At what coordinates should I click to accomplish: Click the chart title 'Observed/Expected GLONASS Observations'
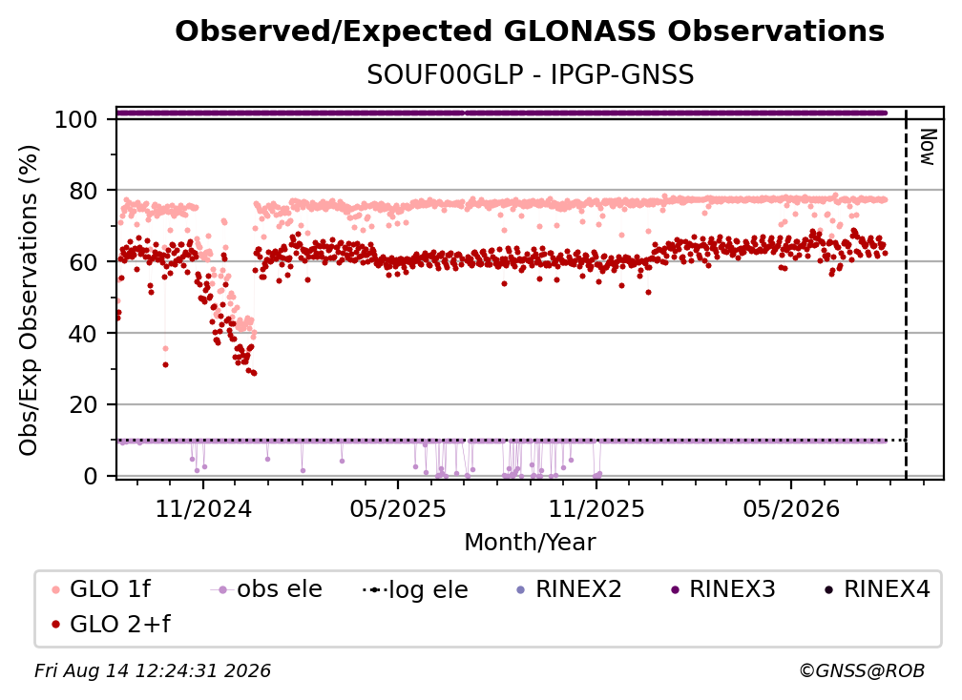pos(530,31)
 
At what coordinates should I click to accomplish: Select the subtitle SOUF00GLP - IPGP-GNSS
pos(530,75)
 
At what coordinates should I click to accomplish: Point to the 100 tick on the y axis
pos(76,119)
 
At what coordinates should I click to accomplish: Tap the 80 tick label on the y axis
pos(83,191)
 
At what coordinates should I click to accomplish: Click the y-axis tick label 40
pos(83,334)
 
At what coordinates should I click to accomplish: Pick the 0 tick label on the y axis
pos(91,476)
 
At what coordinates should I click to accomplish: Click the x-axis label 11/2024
pos(203,508)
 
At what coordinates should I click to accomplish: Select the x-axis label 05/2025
pos(398,508)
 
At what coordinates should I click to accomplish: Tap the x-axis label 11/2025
pos(596,508)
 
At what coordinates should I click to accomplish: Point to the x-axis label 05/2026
pos(791,508)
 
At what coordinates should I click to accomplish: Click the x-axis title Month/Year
pos(530,542)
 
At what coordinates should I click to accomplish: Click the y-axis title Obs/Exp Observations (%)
pos(29,300)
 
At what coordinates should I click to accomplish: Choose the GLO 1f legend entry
pos(102,589)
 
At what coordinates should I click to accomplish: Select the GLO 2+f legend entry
pos(111,624)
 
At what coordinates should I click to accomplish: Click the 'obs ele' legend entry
pos(266,589)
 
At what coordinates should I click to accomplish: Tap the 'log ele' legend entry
pos(415,589)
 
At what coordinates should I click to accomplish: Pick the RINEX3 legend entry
pos(722,589)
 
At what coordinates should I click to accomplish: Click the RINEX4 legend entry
pos(877,589)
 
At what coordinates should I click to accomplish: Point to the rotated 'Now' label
pos(928,147)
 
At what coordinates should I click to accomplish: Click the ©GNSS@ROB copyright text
pos(862,670)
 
